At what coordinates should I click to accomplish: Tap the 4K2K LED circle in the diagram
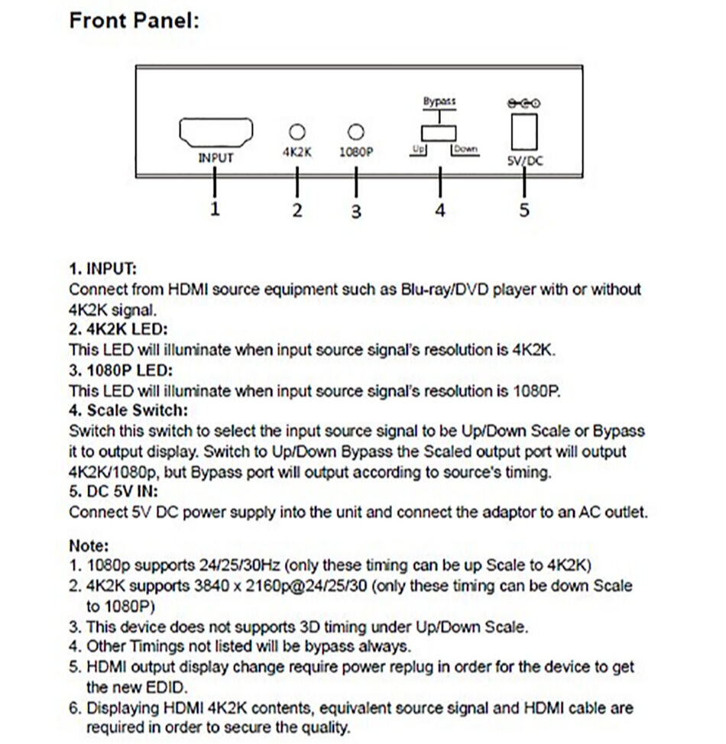(x=297, y=131)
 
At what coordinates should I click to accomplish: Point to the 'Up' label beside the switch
(x=416, y=150)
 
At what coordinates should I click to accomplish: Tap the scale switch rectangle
(x=439, y=133)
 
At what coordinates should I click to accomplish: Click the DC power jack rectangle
(x=524, y=131)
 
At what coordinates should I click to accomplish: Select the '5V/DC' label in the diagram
(x=524, y=161)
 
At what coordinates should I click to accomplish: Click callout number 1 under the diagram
(x=215, y=209)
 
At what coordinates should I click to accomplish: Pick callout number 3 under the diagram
(x=355, y=211)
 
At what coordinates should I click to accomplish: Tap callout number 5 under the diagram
(x=524, y=209)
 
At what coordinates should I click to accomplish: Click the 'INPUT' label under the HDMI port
(x=216, y=158)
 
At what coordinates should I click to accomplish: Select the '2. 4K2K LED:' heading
(x=118, y=330)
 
